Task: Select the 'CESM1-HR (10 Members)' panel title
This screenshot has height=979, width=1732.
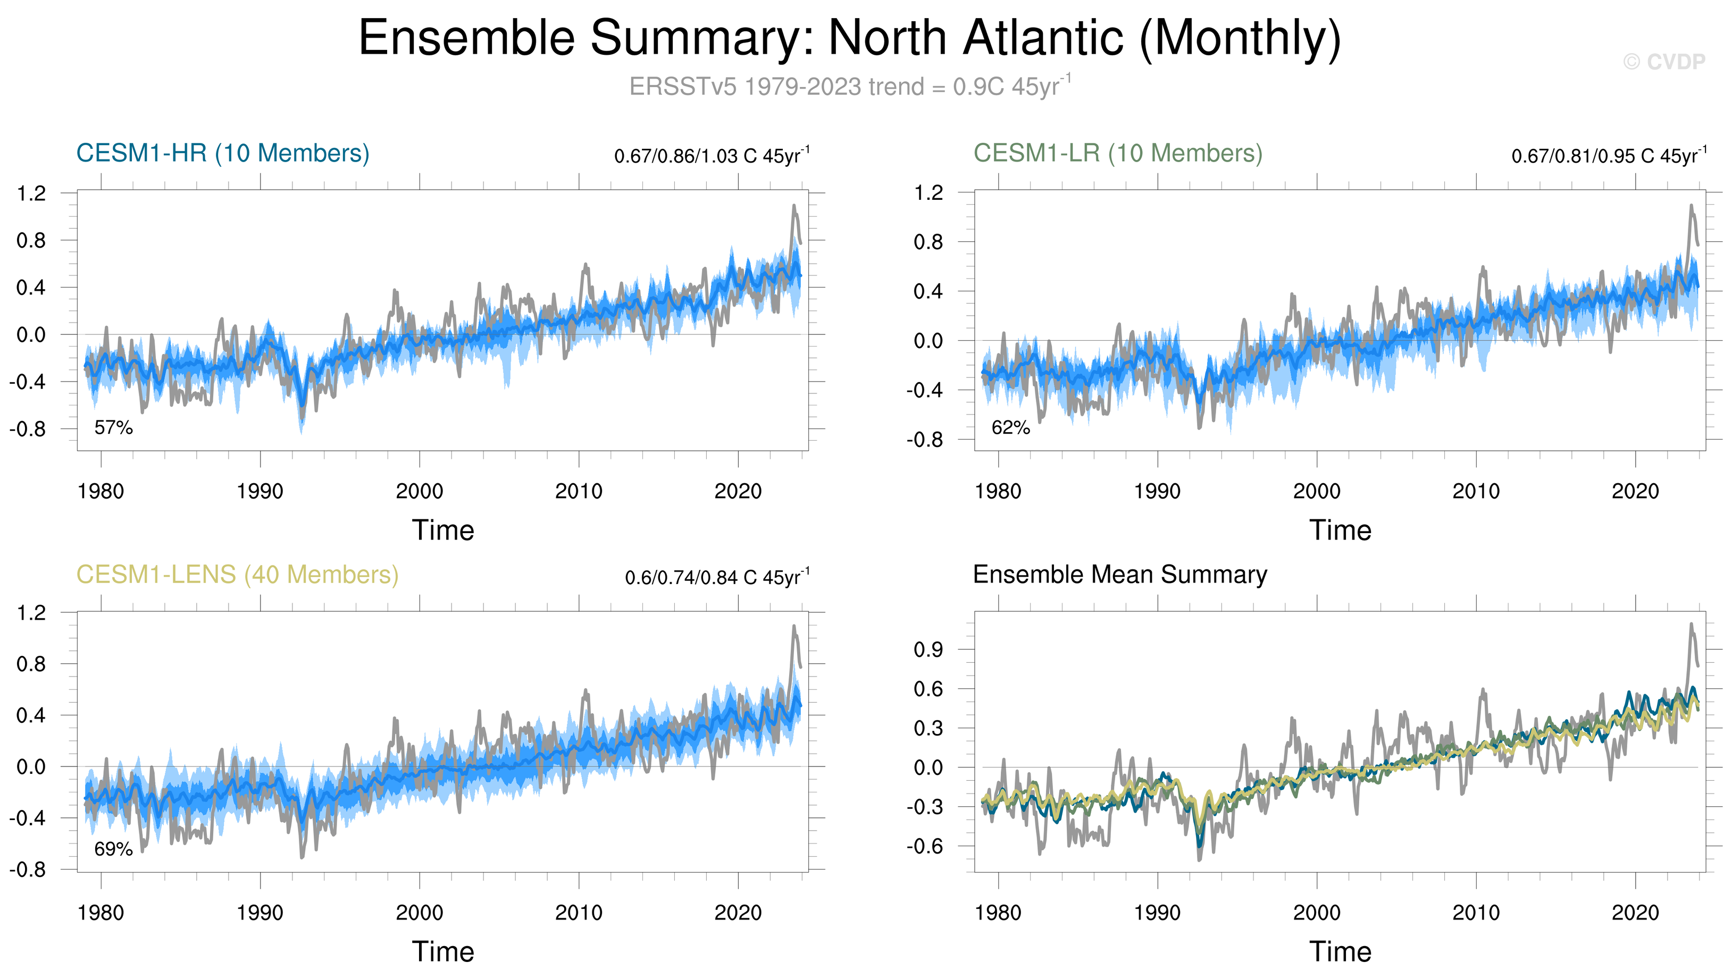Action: point(223,153)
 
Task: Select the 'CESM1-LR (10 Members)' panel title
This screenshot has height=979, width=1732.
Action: point(1118,153)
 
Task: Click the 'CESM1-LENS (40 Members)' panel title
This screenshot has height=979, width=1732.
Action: point(237,575)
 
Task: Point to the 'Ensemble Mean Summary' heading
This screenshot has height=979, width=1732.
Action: point(1120,575)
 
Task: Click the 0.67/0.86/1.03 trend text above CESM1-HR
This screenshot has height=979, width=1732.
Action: point(712,156)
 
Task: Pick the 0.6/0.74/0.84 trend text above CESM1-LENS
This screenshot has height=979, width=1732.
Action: point(717,578)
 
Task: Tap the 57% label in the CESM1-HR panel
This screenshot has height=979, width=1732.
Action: point(113,428)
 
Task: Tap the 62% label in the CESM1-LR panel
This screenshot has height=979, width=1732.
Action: point(1010,428)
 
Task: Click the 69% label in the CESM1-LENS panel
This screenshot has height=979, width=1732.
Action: point(113,849)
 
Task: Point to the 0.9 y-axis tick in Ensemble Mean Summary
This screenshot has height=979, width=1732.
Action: point(928,650)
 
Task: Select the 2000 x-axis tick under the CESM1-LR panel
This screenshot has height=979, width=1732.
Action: point(1316,492)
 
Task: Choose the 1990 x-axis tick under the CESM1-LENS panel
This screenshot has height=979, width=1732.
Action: point(260,913)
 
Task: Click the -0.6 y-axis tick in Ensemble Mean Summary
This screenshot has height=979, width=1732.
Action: point(925,847)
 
